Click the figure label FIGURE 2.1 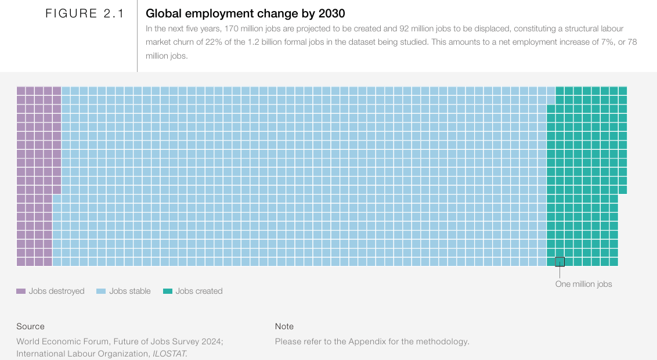[85, 14]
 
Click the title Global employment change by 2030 [245, 13]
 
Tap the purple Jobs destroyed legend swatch [21, 291]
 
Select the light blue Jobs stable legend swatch [101, 291]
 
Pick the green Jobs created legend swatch [168, 291]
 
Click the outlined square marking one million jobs [559, 261]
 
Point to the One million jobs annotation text [583, 284]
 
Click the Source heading [30, 326]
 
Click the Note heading [284, 326]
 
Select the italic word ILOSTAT [169, 354]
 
